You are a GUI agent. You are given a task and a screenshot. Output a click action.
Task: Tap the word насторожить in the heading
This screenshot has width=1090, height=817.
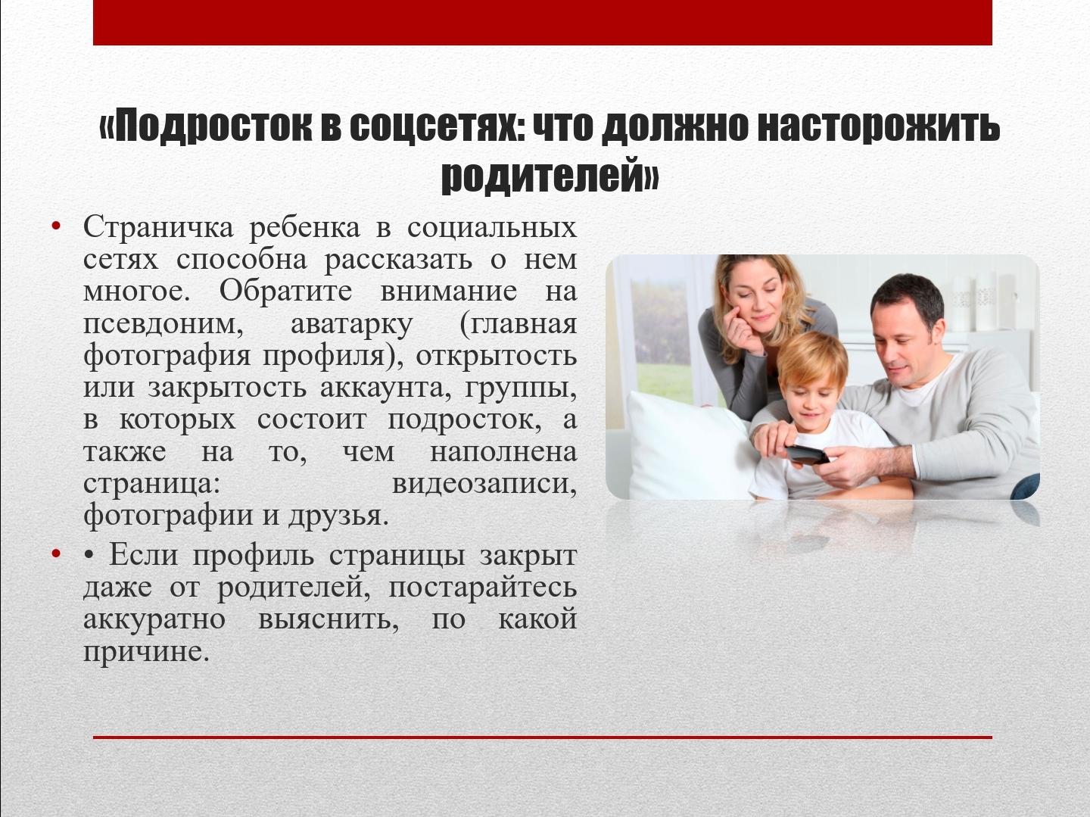pos(879,126)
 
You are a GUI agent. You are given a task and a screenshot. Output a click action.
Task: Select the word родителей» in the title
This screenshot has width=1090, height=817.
pos(550,175)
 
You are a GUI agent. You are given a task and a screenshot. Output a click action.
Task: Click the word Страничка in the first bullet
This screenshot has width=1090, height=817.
pos(158,228)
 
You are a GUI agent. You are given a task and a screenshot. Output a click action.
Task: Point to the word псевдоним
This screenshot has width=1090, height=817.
pos(163,325)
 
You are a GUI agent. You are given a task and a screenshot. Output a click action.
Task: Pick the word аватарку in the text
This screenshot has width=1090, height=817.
pos(351,325)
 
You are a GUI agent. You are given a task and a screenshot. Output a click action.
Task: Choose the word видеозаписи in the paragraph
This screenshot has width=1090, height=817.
pos(484,484)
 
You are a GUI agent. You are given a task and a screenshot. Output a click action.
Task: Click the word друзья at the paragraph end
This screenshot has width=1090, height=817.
pos(338,516)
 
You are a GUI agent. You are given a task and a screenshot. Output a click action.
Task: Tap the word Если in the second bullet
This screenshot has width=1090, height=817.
pos(143,554)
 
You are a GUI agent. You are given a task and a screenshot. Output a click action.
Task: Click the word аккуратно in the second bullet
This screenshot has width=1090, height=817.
pos(154,619)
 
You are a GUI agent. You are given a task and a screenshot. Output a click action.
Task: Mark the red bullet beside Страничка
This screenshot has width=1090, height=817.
pos(56,227)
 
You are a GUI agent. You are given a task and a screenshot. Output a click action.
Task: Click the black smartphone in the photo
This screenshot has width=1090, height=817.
pos(807,454)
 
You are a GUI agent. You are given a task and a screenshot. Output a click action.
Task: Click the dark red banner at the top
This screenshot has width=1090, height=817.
pos(543,23)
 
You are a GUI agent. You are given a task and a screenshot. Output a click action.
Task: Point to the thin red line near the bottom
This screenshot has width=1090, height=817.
pos(543,737)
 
